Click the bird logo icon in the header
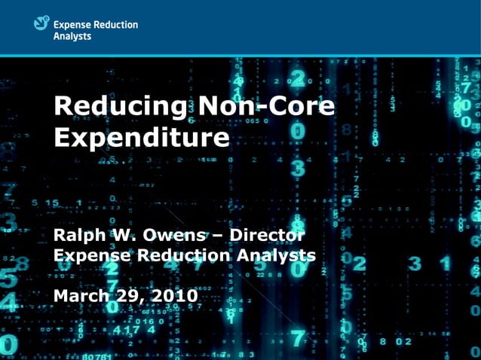click(41, 24)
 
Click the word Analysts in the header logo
click(72, 35)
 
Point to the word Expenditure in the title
click(142, 138)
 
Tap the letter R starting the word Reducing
click(63, 106)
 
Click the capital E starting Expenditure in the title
click(63, 138)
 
